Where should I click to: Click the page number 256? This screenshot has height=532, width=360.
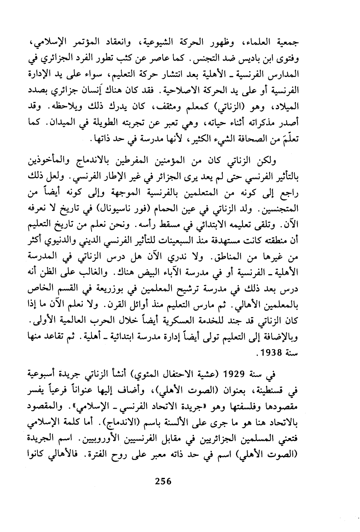point(163,481)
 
